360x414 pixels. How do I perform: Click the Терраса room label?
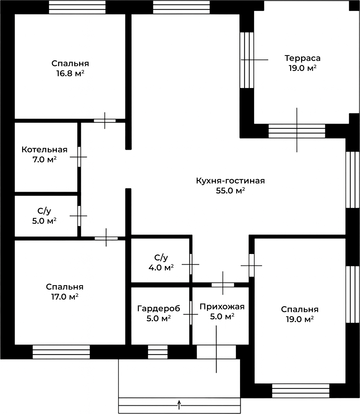tap(302, 58)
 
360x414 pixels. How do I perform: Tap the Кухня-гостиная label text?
tap(230, 181)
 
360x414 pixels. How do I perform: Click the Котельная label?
tap(44, 149)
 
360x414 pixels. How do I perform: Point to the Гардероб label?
tap(158, 308)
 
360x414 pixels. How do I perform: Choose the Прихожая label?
tap(222, 306)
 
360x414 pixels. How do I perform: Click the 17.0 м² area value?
tap(65, 297)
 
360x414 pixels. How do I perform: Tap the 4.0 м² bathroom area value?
tap(161, 268)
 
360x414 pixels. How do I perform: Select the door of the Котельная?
tap(79, 157)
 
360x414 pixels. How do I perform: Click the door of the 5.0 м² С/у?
tap(79, 216)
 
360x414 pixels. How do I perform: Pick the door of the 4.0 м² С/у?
tap(191, 264)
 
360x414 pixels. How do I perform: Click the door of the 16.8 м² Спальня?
tap(105, 121)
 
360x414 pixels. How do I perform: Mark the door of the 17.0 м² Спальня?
tap(106, 238)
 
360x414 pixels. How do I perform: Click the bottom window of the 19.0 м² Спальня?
tap(301, 391)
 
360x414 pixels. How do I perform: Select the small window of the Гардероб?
tap(158, 352)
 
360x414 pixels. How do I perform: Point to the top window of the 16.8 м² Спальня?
tap(77, 7)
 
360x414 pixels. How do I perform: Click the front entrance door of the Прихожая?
tap(216, 352)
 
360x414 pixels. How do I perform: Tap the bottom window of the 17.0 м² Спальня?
tap(61, 352)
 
